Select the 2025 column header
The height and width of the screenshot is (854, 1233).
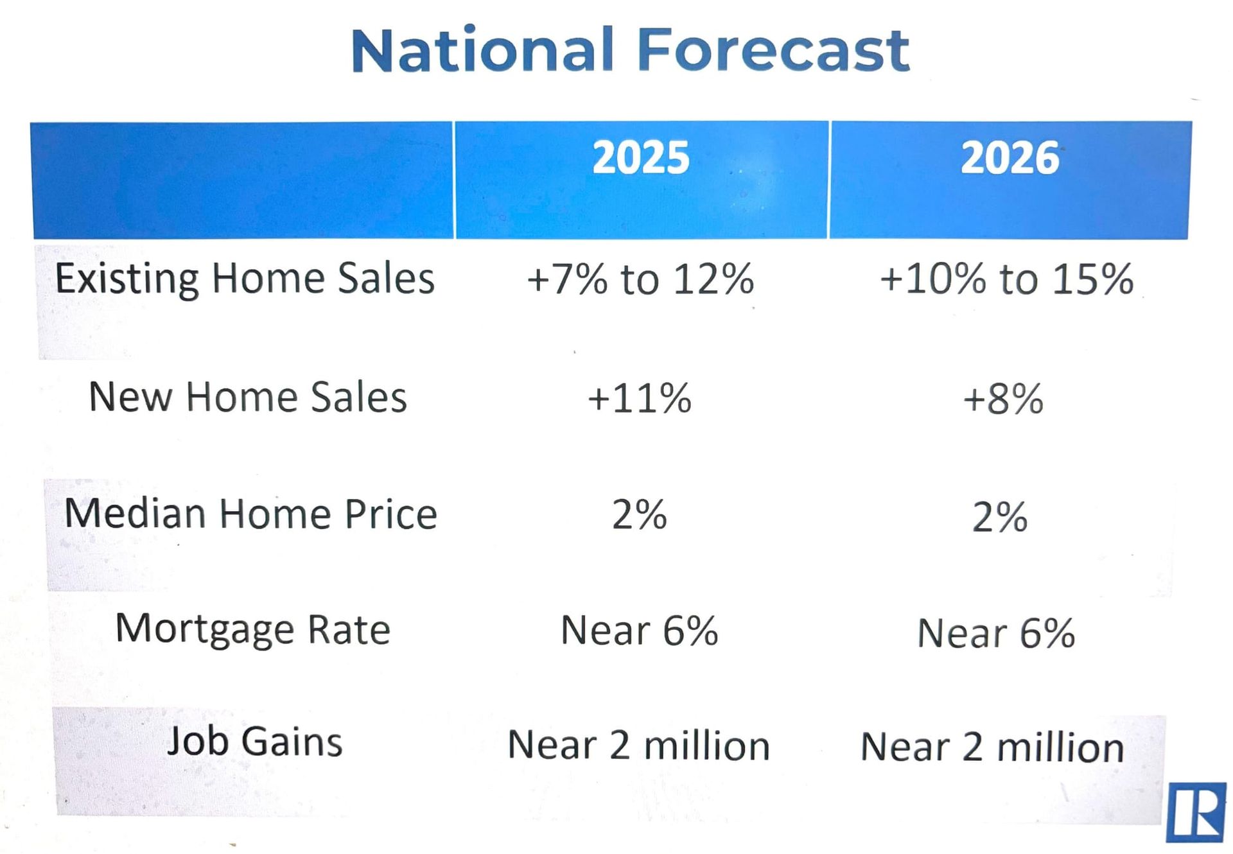point(640,158)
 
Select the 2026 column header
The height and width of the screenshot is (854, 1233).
point(1010,158)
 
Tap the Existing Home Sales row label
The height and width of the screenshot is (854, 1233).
point(245,279)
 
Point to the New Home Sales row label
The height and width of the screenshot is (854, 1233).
point(248,397)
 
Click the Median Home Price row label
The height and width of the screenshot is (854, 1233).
point(250,514)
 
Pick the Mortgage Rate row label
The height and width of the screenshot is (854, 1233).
point(252,629)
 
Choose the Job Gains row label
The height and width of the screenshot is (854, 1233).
point(254,742)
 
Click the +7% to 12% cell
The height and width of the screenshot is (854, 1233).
point(640,280)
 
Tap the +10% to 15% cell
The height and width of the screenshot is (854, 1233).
point(1006,280)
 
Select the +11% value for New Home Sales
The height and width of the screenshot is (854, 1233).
point(640,398)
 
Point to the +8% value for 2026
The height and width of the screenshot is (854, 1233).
point(1003,399)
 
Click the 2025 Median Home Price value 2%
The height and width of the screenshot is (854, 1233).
point(640,515)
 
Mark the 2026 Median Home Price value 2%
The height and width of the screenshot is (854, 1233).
point(1000,517)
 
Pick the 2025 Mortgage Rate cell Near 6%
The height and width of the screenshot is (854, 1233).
point(640,631)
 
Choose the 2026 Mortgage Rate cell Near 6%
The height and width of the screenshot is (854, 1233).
point(996,634)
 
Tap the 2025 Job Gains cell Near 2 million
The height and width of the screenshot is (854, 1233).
point(638,745)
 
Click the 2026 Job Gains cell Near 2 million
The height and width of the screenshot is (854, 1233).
point(992,748)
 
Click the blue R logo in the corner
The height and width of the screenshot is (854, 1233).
point(1196,812)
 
